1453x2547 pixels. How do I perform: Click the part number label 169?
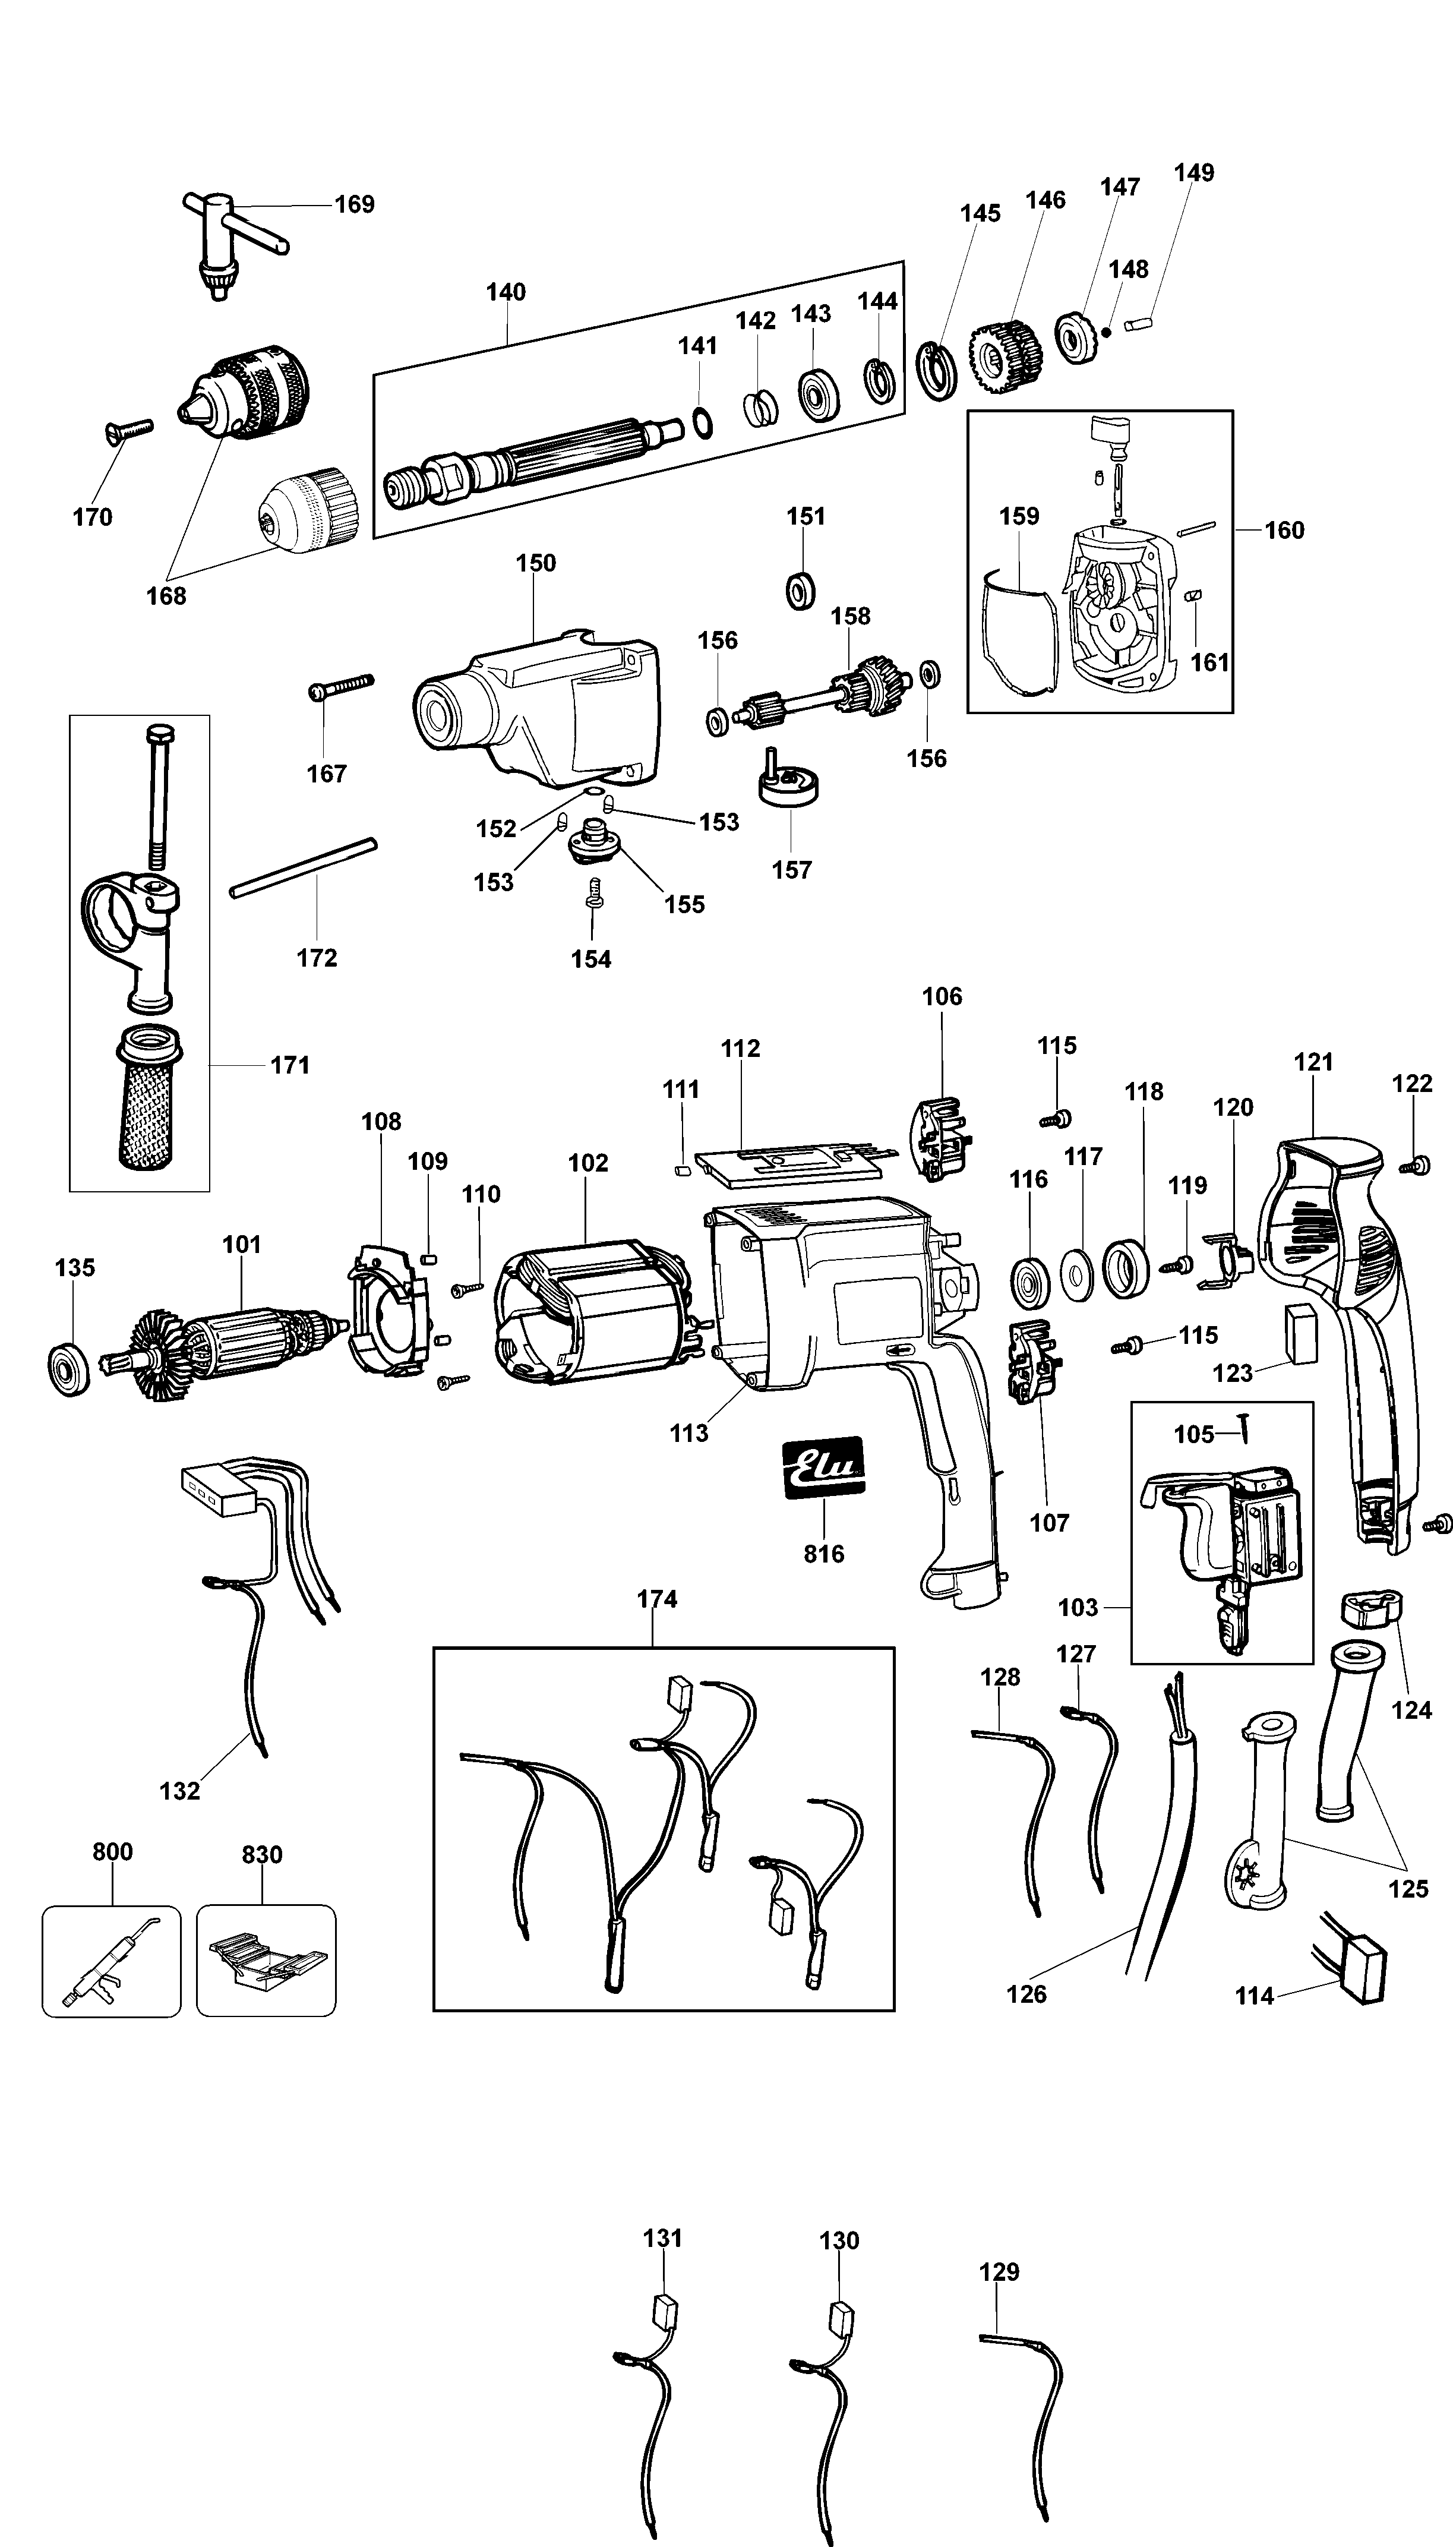(354, 204)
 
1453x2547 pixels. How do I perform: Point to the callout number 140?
(506, 292)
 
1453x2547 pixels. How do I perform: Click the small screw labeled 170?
(128, 430)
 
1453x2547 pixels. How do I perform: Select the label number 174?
(656, 1600)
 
